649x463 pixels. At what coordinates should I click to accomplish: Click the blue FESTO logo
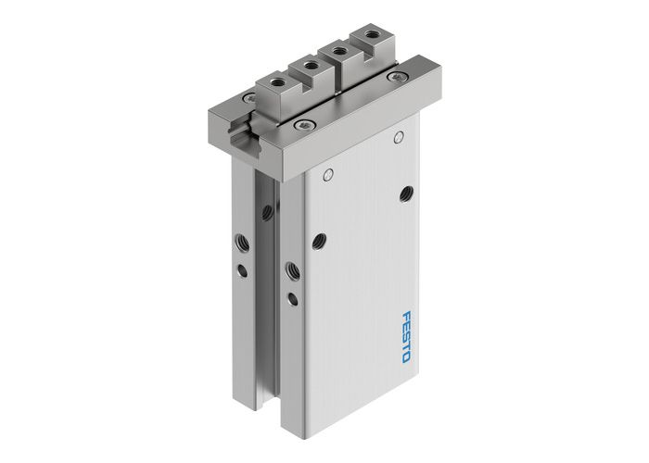412,332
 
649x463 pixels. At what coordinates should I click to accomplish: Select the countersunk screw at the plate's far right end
399,76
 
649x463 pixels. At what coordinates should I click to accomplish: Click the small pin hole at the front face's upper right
396,139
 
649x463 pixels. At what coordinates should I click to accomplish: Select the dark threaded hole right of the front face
405,193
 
